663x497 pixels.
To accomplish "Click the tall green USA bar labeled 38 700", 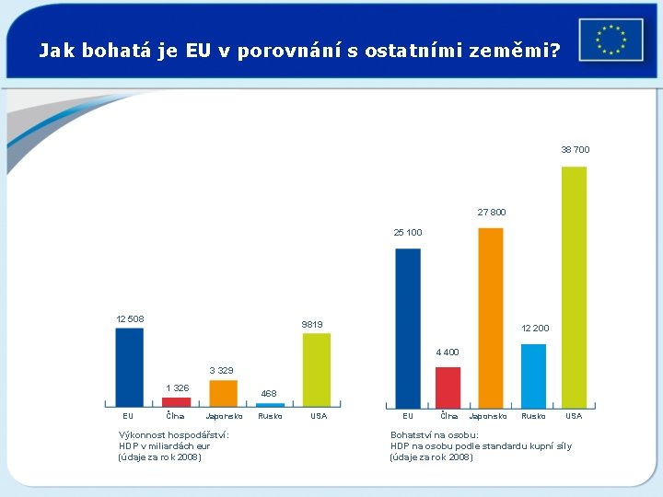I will click(x=574, y=286).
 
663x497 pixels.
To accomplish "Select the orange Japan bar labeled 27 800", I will click(x=491, y=317).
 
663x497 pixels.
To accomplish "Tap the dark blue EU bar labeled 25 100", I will click(x=408, y=327).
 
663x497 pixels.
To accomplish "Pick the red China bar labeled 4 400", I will click(x=448, y=387).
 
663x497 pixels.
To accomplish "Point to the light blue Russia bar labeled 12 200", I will click(x=533, y=375).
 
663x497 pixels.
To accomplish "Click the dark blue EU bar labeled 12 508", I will click(x=129, y=366).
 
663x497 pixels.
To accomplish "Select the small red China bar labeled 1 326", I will click(x=176, y=401).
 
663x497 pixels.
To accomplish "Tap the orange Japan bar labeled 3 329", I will click(x=223, y=392).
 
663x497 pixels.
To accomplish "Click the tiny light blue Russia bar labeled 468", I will click(x=270, y=404).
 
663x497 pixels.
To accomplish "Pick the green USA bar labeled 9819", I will click(x=316, y=369).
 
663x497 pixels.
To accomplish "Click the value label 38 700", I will click(x=576, y=150).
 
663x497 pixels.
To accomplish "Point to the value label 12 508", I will click(x=129, y=319).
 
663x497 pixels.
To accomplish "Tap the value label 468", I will click(x=268, y=394).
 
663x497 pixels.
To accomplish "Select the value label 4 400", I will click(x=447, y=353).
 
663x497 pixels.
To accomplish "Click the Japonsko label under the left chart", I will click(x=224, y=416).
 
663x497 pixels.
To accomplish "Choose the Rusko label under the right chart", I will click(x=533, y=416).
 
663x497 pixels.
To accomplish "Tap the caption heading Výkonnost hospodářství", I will click(x=174, y=435).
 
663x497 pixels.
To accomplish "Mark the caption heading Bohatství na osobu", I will click(x=434, y=435).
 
